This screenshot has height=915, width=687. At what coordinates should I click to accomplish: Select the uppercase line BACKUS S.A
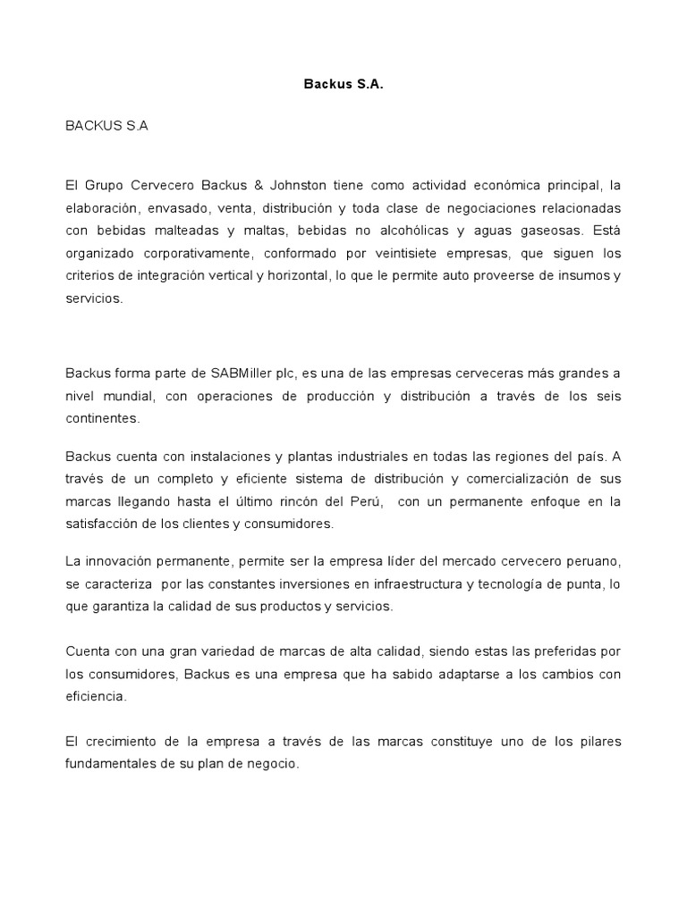[x=106, y=126]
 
